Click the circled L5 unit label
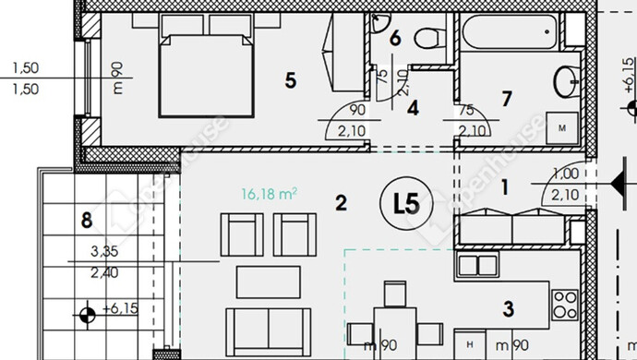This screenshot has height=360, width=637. point(406,204)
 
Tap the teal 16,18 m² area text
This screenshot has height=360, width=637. point(269,194)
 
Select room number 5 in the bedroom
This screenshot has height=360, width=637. point(291,80)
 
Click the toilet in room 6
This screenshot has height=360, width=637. point(430,38)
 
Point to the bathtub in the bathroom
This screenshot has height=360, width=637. point(510,31)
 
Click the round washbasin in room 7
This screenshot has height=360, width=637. point(566,81)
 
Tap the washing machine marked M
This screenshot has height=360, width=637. point(562,128)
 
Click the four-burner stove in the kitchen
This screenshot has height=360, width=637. point(565,305)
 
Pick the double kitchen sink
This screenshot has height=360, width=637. point(477,265)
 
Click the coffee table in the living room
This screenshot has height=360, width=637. point(269,282)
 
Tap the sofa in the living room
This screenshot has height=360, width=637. point(269,332)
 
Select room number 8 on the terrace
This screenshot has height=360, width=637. point(87,221)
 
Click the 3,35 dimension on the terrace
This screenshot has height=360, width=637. point(104,251)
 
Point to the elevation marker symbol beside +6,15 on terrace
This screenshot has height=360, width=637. point(88,315)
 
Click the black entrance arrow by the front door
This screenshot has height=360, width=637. point(619,184)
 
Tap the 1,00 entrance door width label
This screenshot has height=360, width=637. point(566,174)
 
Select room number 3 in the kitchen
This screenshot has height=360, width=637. point(509,309)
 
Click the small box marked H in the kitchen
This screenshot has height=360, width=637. point(470,344)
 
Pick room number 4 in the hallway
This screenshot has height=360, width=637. point(414,108)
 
